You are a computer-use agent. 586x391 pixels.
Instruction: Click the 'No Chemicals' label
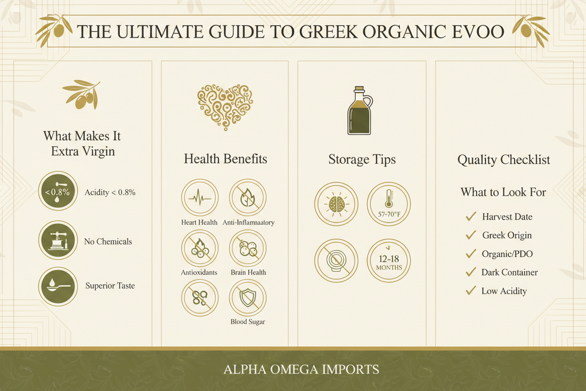click(x=108, y=241)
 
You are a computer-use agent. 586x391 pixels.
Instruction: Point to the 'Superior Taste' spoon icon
click(x=58, y=286)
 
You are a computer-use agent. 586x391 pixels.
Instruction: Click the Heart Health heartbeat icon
click(x=200, y=197)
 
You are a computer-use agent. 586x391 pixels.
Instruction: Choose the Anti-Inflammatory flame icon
click(x=248, y=197)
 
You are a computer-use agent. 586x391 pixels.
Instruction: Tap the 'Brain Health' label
click(x=248, y=272)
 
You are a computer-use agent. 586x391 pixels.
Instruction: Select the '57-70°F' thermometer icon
click(x=389, y=204)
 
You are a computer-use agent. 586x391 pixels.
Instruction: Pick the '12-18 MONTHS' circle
click(x=389, y=261)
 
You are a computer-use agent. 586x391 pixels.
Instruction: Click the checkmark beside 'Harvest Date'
click(x=470, y=217)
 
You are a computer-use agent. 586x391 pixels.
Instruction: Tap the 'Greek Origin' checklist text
click(x=507, y=235)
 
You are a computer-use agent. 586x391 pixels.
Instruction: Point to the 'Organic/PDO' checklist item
click(x=507, y=254)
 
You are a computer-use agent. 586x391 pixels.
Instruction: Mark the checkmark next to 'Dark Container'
click(x=470, y=272)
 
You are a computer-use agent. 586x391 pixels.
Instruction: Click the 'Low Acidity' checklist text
click(x=504, y=291)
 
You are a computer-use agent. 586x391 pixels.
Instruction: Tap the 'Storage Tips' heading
click(x=362, y=159)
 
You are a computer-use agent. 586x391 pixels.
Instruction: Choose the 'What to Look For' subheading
click(x=503, y=192)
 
